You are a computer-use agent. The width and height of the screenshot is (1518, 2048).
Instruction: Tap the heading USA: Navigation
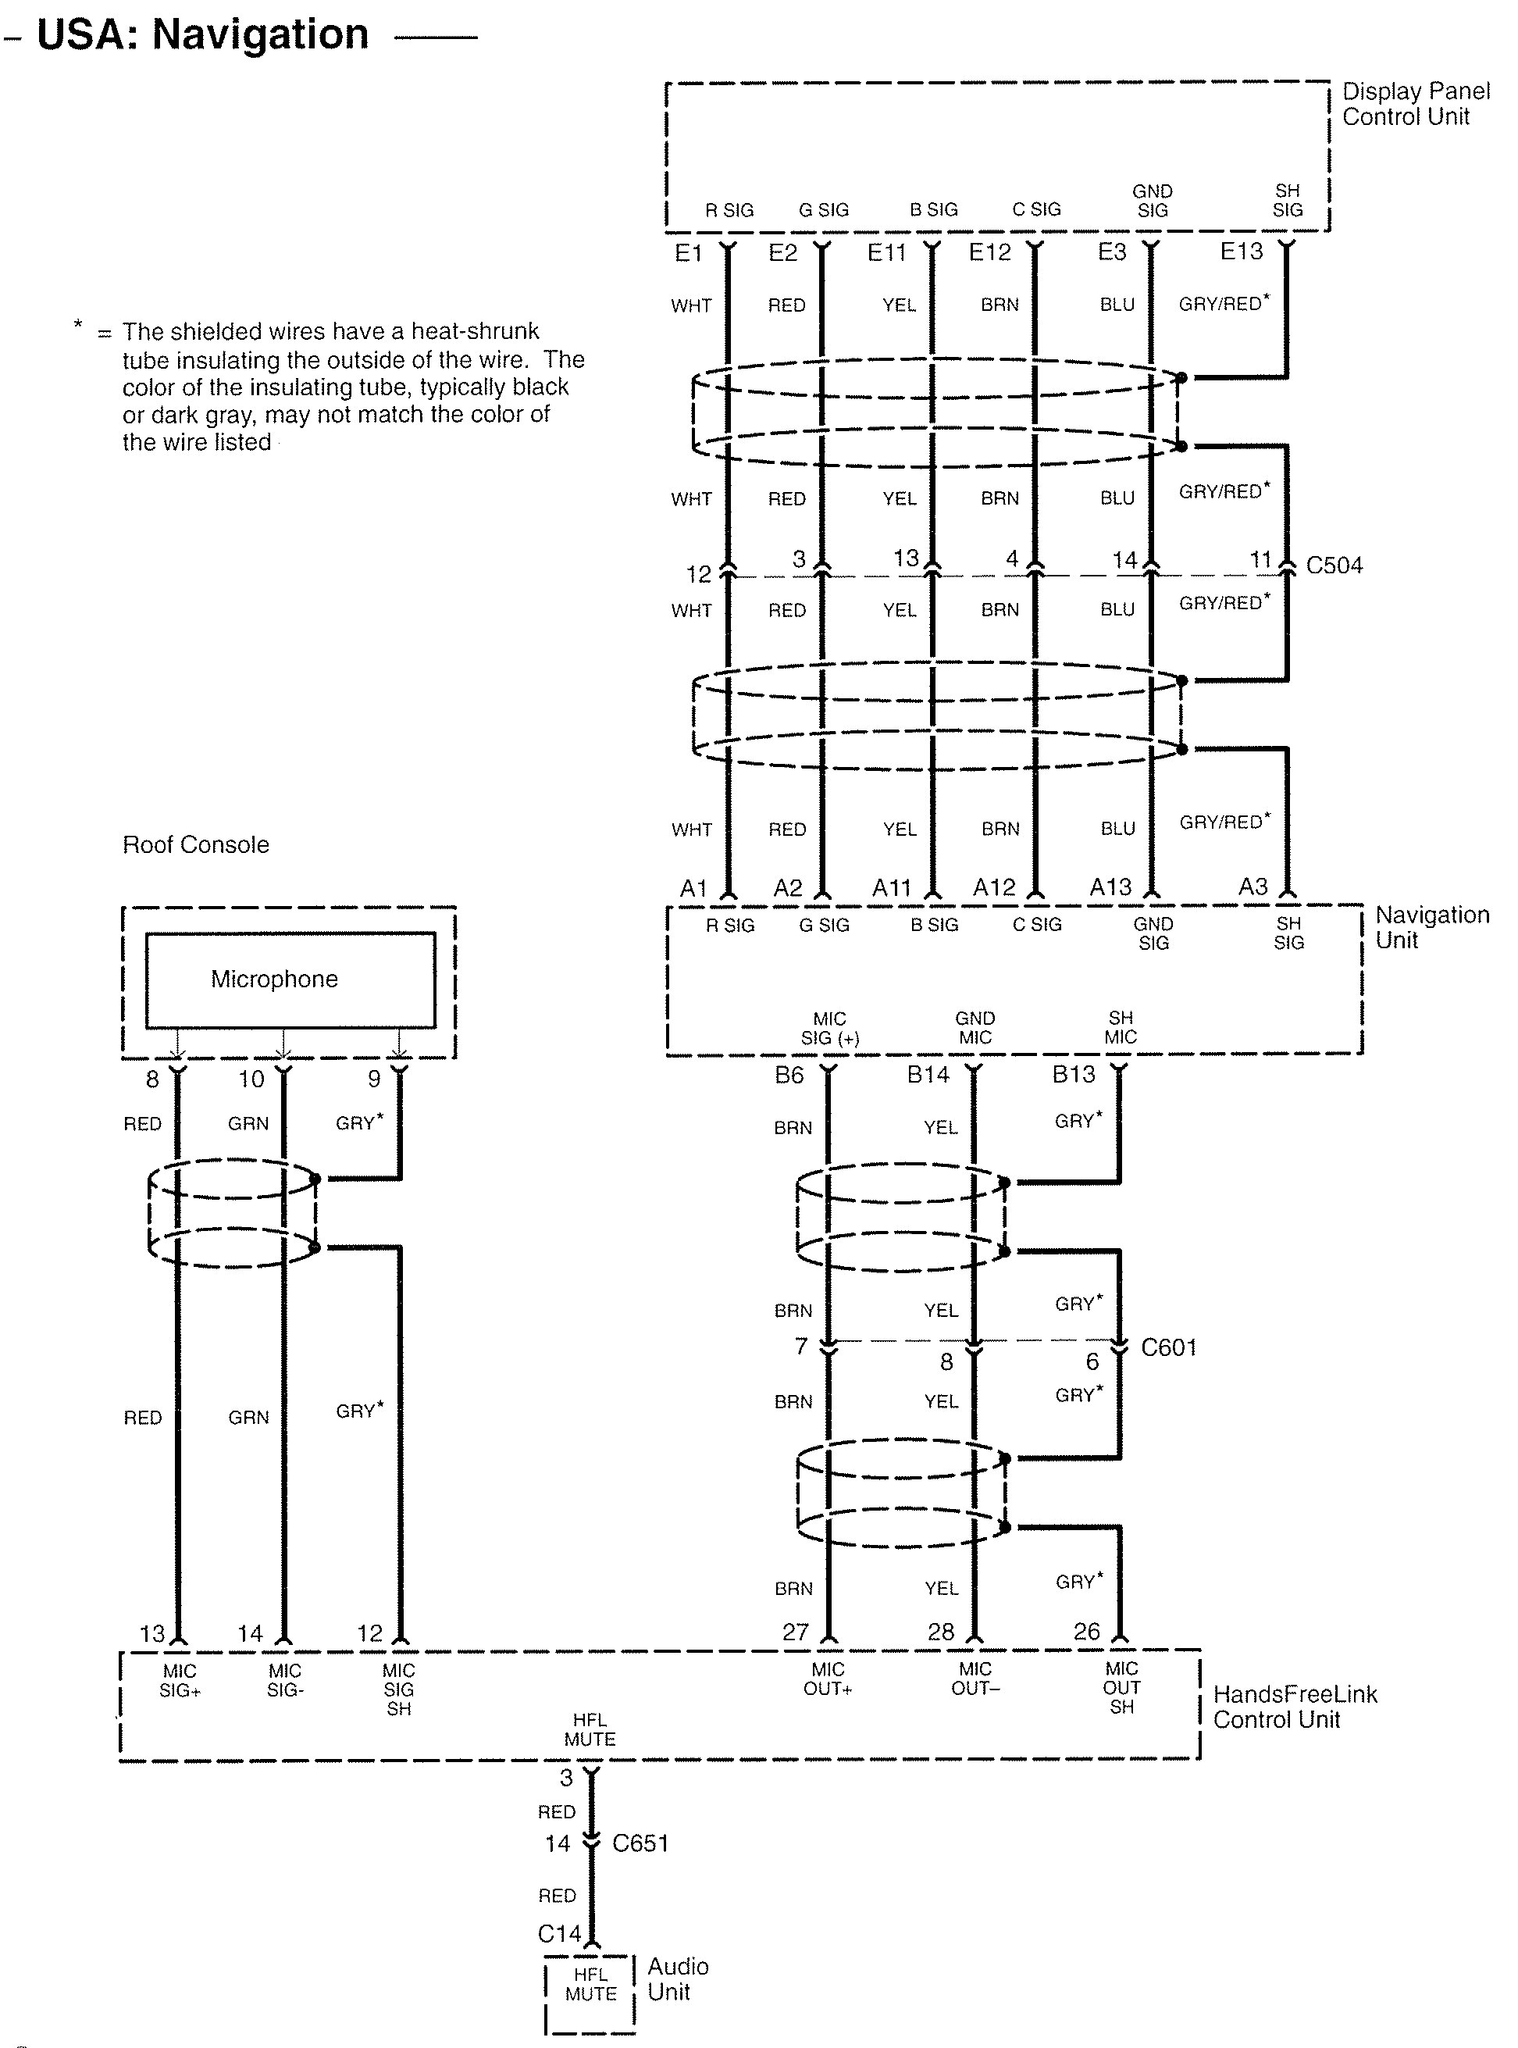tap(202, 35)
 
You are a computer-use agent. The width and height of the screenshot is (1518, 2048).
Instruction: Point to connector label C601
tap(1168, 1347)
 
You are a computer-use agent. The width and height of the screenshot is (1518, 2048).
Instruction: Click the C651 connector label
tap(640, 1843)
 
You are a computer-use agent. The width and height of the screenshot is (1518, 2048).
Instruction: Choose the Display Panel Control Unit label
tap(1415, 104)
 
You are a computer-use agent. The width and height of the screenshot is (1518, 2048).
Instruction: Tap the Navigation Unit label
tap(1431, 927)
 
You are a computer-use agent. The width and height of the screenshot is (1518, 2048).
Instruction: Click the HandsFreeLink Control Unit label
tap(1295, 1707)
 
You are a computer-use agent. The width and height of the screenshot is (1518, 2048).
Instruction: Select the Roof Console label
tap(196, 845)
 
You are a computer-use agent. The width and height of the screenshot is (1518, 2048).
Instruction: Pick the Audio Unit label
tap(677, 1979)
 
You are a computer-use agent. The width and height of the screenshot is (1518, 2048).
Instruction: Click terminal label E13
tap(1241, 251)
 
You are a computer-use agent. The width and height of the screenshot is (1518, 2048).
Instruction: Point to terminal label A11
tap(890, 888)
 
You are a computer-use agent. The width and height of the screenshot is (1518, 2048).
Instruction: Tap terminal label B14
tap(927, 1074)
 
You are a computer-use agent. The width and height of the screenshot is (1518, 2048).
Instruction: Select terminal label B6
tap(789, 1075)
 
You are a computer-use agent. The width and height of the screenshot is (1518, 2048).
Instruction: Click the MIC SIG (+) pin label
tap(828, 1029)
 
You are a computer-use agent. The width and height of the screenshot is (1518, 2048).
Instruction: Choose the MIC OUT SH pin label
tap(1121, 1688)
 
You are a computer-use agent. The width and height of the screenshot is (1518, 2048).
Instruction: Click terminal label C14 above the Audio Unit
tap(558, 1934)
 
